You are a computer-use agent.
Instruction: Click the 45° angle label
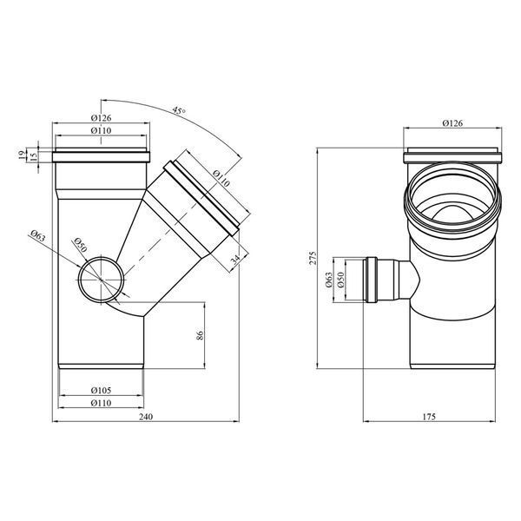[179, 110]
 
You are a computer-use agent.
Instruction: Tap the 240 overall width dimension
[146, 417]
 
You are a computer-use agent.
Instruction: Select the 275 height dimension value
[313, 258]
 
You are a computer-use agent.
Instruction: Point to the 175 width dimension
[429, 417]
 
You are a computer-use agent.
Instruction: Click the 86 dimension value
[200, 335]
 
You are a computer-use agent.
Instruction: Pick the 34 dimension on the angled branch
[235, 260]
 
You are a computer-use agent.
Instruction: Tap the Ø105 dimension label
[101, 391]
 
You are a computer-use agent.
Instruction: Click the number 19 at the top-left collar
[22, 155]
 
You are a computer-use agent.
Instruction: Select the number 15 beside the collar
[33, 157]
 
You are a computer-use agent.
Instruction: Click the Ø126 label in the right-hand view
[452, 123]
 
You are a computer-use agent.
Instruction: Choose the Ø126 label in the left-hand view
[101, 118]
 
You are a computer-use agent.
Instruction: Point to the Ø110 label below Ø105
[101, 404]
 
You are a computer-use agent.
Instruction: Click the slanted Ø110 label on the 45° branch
[221, 179]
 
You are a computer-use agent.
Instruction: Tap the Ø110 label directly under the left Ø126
[101, 131]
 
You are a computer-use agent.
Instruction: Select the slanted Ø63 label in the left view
[37, 235]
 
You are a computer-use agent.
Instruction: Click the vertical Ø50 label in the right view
[340, 280]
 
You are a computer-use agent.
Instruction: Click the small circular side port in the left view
[101, 280]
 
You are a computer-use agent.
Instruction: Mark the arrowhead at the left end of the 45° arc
[102, 99]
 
